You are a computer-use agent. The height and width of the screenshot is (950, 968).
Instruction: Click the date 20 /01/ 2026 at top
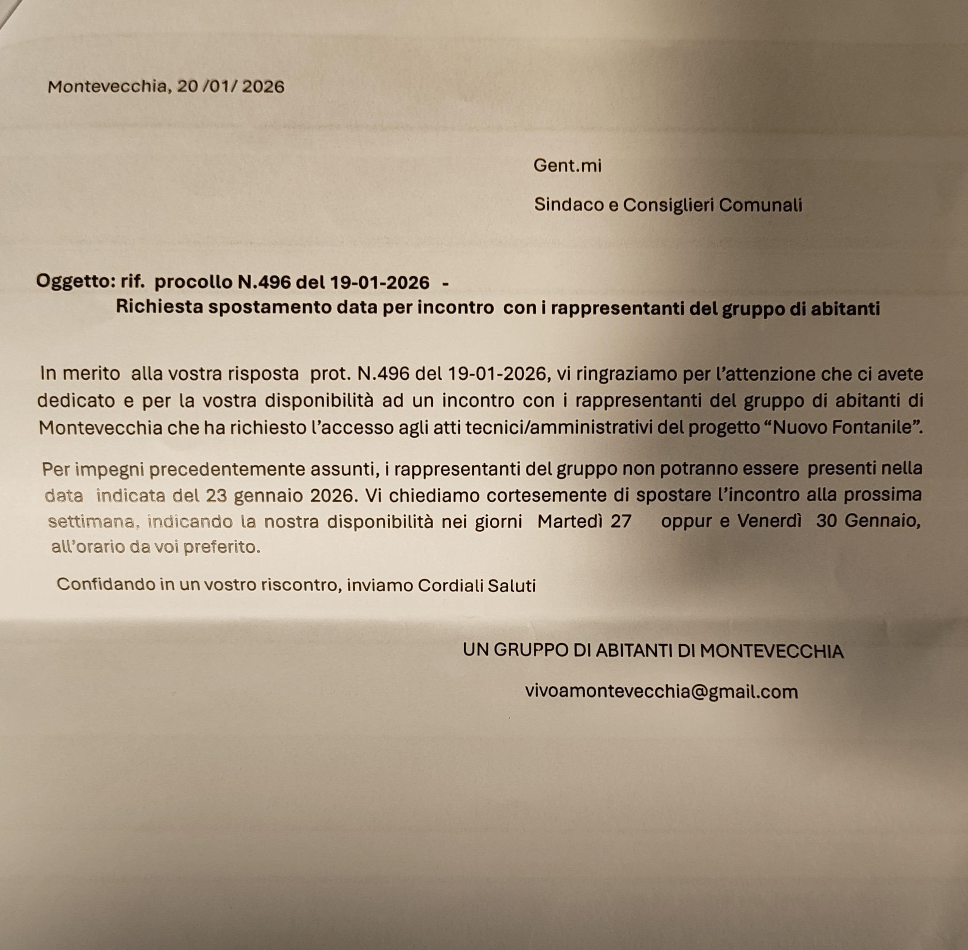pos(230,87)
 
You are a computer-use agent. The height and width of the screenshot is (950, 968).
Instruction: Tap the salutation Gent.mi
pos(567,165)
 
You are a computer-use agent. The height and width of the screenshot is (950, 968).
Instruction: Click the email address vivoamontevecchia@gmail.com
pos(661,692)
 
